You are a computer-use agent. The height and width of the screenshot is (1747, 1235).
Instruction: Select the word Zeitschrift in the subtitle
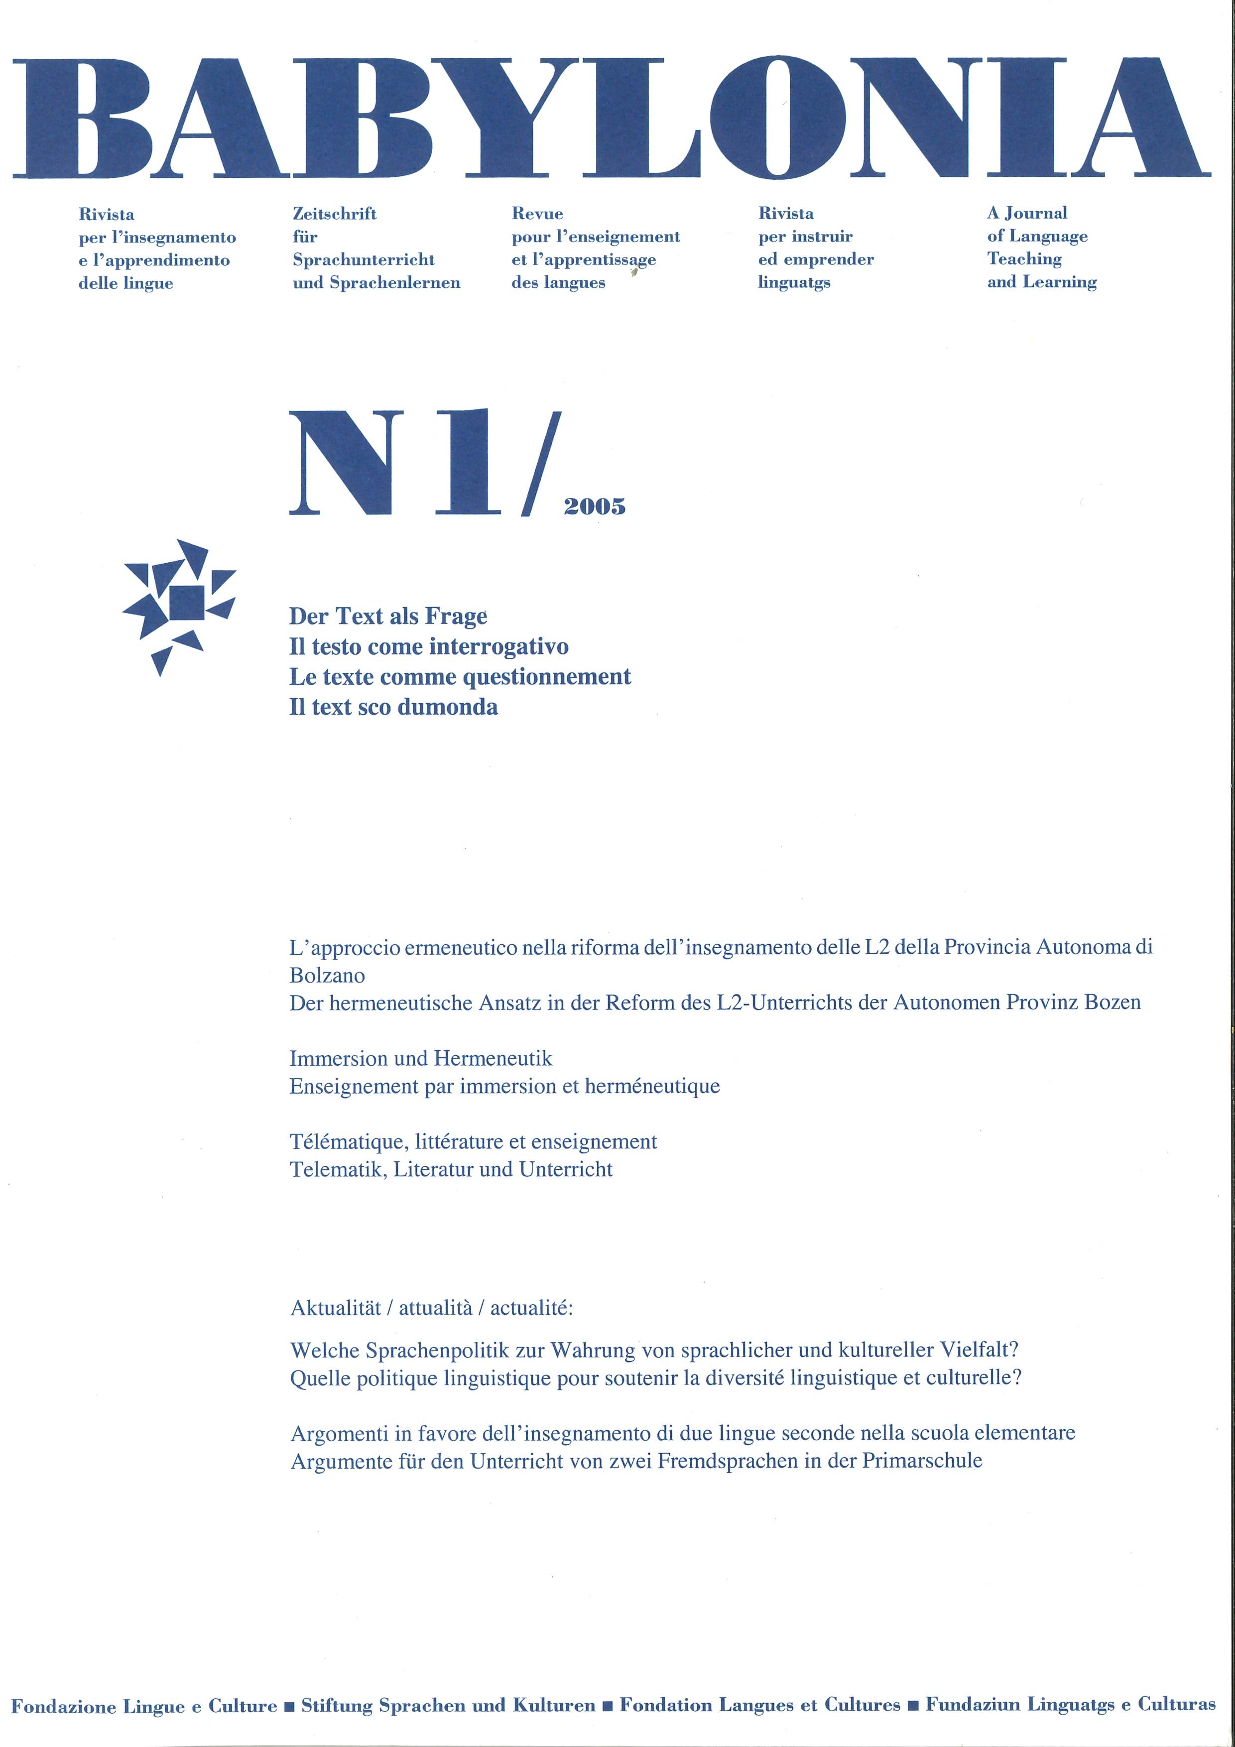pos(334,214)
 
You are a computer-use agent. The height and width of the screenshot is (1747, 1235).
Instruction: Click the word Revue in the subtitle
pos(537,214)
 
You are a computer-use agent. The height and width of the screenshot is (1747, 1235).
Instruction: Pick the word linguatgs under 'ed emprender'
pos(794,282)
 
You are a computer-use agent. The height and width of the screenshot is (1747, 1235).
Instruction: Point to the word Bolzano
pos(327,976)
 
